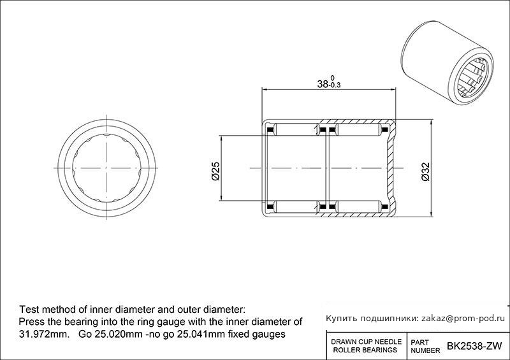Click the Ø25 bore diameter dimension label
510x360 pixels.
point(215,171)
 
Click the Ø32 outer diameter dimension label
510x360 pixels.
point(425,171)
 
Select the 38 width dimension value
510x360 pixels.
point(323,84)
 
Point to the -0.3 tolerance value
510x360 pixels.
point(335,85)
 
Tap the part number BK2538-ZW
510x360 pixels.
point(474,346)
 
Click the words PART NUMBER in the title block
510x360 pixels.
point(425,347)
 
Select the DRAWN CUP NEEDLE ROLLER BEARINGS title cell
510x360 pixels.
point(366,346)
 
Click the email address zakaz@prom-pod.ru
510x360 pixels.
point(463,319)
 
